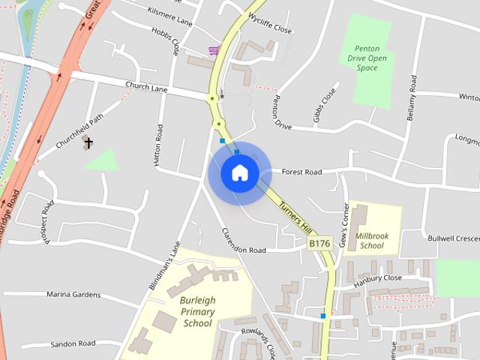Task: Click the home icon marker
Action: point(239,172)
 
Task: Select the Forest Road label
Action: point(301,172)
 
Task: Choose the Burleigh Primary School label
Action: point(197,311)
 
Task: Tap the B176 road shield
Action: point(319,243)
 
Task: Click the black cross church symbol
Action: point(88,142)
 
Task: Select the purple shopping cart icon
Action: point(214,51)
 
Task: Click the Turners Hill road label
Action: point(294,214)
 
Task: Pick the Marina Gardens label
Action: point(73,295)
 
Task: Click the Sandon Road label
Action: point(73,343)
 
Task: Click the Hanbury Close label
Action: point(379,277)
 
